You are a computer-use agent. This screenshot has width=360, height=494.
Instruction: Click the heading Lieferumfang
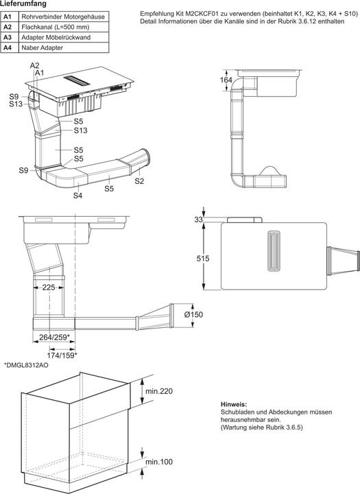(x=23, y=4)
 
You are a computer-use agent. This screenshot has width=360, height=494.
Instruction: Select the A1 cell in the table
(x=8, y=16)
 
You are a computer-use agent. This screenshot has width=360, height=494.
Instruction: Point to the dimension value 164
(x=226, y=81)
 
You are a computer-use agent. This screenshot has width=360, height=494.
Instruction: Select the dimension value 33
(x=199, y=220)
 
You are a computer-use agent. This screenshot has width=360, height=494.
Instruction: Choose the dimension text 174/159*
(x=62, y=355)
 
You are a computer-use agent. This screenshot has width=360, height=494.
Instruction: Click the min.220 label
(x=159, y=391)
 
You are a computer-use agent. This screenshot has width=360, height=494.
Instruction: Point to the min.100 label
(x=159, y=462)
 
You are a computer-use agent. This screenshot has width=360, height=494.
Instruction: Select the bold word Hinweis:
(x=233, y=405)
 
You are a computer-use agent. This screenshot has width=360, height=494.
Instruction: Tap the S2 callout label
(x=139, y=180)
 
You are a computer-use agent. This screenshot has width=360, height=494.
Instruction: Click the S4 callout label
(x=77, y=196)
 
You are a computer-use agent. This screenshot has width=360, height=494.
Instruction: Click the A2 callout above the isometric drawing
(x=34, y=65)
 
